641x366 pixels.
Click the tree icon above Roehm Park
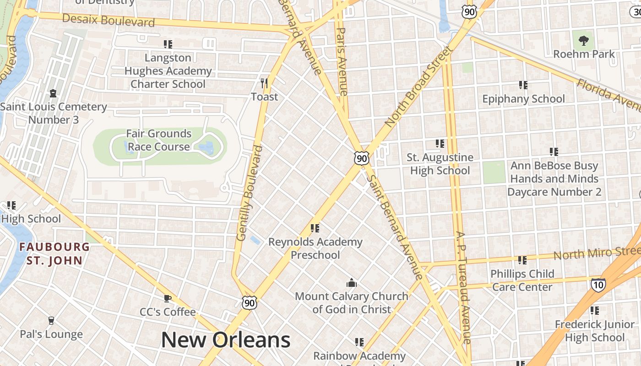click(583, 41)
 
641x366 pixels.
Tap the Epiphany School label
click(523, 99)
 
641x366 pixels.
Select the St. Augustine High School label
click(440, 164)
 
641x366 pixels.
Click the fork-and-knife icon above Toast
click(264, 83)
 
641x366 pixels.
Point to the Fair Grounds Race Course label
click(158, 140)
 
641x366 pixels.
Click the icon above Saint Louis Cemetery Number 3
click(53, 93)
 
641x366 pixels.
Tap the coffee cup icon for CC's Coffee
click(168, 299)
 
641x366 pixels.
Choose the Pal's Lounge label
click(51, 334)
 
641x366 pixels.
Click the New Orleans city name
click(226, 340)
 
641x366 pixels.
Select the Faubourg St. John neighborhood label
click(54, 254)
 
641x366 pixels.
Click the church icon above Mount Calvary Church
click(351, 283)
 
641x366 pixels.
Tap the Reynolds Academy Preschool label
click(315, 248)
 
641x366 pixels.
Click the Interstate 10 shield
click(598, 285)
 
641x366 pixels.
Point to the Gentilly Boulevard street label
click(250, 193)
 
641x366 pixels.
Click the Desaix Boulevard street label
click(108, 20)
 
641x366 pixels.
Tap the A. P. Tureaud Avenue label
click(463, 287)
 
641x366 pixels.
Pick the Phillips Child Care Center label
click(522, 280)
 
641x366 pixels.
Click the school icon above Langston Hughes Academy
click(168, 44)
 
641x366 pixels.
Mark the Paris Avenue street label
click(342, 61)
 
